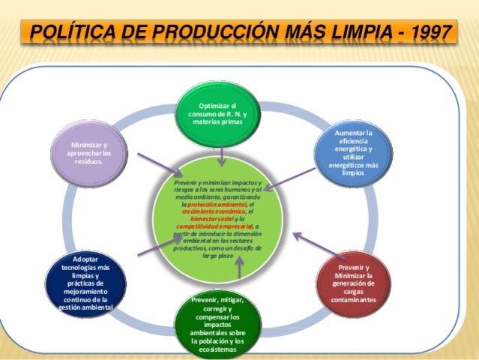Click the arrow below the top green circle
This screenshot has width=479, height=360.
223,156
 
